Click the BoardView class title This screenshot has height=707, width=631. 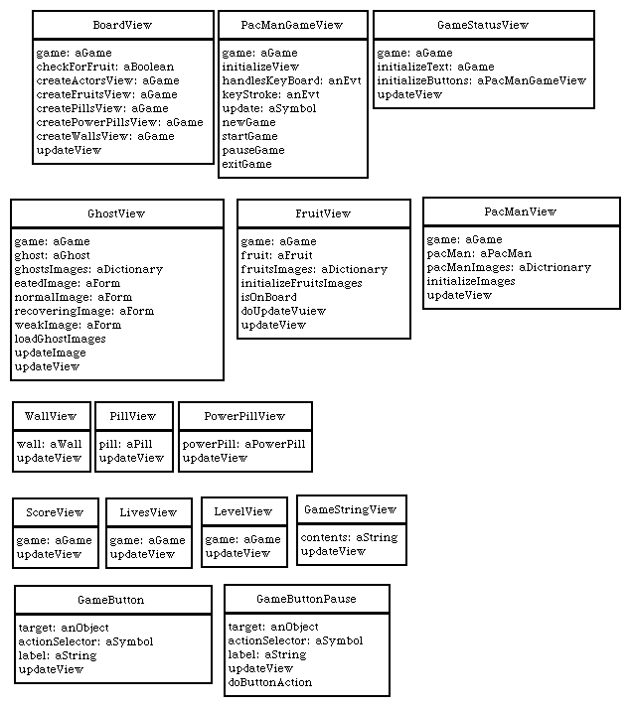pos(122,25)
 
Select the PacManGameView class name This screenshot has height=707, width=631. pos(292,25)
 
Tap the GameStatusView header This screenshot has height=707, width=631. pos(483,25)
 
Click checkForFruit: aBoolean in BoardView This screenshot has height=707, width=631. pos(104,67)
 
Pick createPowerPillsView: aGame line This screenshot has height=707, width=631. pos(119,122)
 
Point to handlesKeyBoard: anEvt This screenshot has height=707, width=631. pos(291,80)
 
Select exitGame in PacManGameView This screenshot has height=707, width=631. pos(246,164)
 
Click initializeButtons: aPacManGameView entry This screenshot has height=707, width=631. pos(482,80)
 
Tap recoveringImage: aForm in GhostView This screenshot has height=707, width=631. pos(83,311)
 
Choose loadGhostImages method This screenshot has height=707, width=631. pos(60,339)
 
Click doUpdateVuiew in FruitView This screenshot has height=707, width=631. pos(283,311)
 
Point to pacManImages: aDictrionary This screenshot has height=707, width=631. pos(509,267)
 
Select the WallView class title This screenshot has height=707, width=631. pos(51,416)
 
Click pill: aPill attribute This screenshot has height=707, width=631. pos(126,444)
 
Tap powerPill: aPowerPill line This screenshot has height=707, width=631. pos(244,444)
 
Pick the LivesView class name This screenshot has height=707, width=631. pos(148,512)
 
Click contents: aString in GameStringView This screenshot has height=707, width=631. pos(350,537)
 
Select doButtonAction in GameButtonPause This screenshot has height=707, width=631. pos(270,682)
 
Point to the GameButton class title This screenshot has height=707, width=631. pos(111,600)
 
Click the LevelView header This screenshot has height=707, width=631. pos(243,511)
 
